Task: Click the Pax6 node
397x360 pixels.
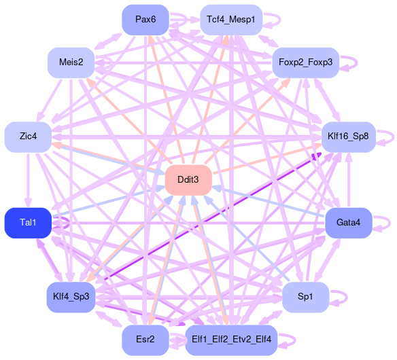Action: click(145, 20)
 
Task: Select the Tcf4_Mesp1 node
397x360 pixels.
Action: click(231, 20)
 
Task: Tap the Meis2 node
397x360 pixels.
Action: click(71, 62)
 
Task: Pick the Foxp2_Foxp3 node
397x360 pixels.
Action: click(306, 62)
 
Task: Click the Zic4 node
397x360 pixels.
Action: click(28, 137)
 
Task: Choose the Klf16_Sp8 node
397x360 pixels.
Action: click(348, 137)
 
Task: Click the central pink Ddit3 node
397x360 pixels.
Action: click(188, 180)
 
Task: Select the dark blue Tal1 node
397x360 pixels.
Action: click(28, 223)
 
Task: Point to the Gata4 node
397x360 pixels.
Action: click(348, 223)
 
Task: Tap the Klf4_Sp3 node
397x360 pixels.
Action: click(71, 297)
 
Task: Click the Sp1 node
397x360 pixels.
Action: click(306, 297)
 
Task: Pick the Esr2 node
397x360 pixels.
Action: click(145, 340)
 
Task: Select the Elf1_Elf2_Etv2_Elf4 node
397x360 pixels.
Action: click(231, 340)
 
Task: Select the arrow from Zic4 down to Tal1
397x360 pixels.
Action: click(28, 180)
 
